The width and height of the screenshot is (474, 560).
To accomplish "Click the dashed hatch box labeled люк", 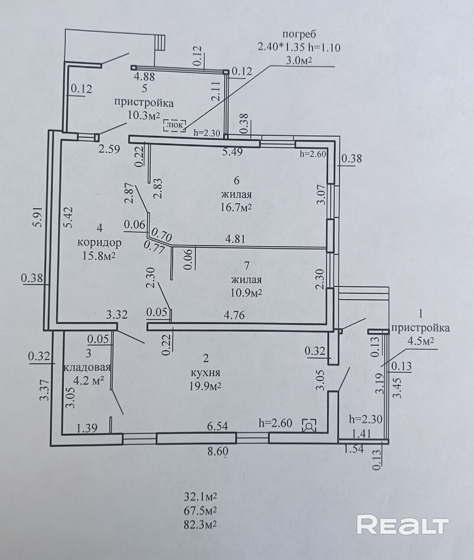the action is (x=174, y=125).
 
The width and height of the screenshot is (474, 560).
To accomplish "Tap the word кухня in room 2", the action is (x=205, y=373).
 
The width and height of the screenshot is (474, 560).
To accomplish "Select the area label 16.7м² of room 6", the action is (x=236, y=208).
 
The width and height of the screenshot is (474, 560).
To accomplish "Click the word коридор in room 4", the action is (x=99, y=243).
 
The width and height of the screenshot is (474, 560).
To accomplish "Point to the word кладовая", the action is (x=87, y=367).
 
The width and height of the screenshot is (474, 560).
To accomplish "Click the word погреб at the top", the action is (x=299, y=35).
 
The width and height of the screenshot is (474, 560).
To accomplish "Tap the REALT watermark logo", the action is (x=403, y=526).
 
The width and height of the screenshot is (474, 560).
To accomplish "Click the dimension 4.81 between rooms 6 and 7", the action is (x=236, y=239).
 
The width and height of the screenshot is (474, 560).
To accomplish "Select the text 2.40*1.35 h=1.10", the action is (x=299, y=48).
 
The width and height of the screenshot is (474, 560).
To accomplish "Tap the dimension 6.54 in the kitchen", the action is (x=217, y=426).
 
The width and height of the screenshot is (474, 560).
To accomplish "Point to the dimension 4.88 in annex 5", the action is (x=145, y=77).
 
